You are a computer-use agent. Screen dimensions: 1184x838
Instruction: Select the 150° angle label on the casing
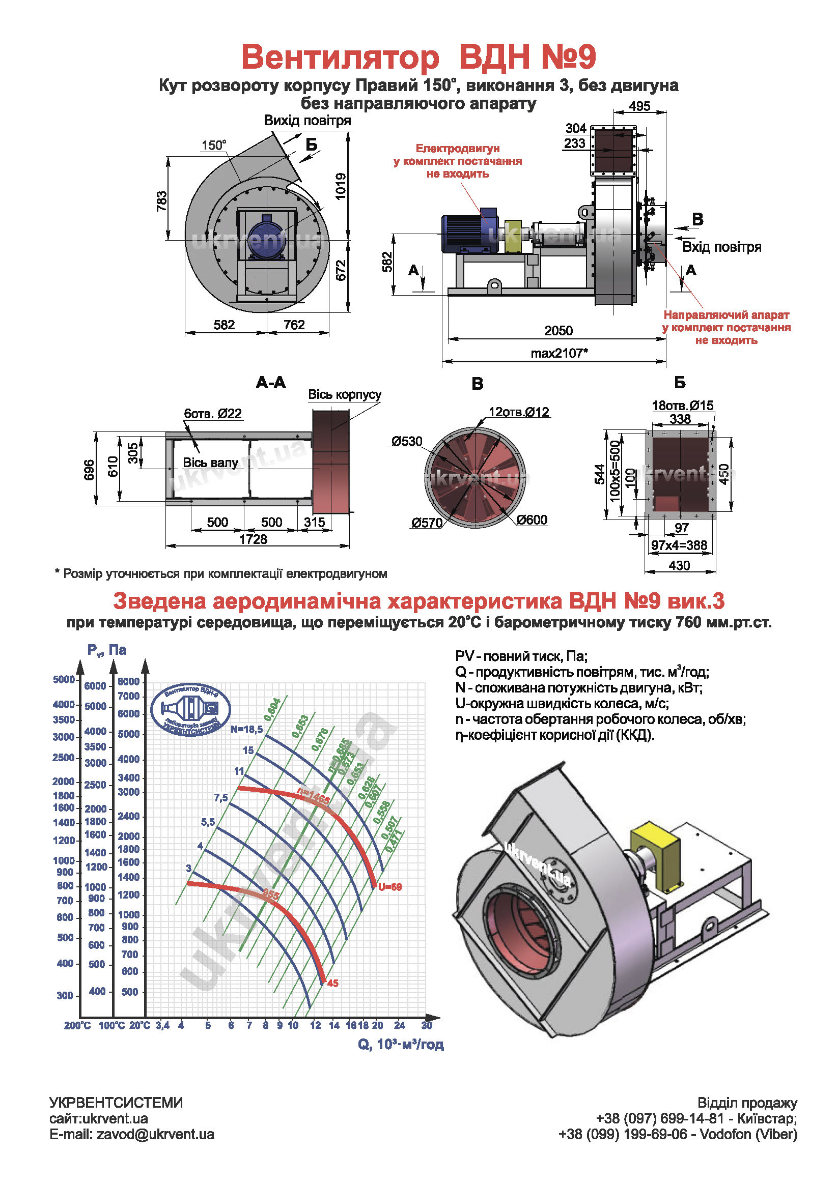pos(214,146)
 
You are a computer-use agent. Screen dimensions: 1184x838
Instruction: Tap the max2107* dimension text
pos(560,353)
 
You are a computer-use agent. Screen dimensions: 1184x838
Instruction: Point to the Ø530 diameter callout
pos(407,442)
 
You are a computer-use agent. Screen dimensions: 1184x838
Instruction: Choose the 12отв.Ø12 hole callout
pos(519,412)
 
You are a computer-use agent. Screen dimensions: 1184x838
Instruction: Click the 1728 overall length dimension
pos(254,539)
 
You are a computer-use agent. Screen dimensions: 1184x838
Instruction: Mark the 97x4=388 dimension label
pos(679,545)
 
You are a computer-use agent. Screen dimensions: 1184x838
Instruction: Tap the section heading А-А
pos(270,383)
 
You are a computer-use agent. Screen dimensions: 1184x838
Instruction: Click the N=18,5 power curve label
pos(246,729)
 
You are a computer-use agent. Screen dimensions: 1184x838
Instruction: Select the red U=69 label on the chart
pos(389,887)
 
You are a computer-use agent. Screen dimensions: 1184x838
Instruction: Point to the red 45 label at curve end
pos(333,984)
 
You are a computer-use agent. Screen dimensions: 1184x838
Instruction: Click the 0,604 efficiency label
pos(272,709)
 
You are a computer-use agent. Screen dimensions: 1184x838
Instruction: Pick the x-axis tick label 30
pos(427,1025)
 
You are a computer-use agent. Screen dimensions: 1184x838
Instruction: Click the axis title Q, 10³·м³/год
pos(401,1044)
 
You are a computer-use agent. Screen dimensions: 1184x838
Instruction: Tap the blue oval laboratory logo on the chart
pos(191,710)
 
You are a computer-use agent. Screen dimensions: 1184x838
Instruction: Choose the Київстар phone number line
pos(696,1118)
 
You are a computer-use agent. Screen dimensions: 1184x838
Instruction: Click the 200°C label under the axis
pos(77,1026)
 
